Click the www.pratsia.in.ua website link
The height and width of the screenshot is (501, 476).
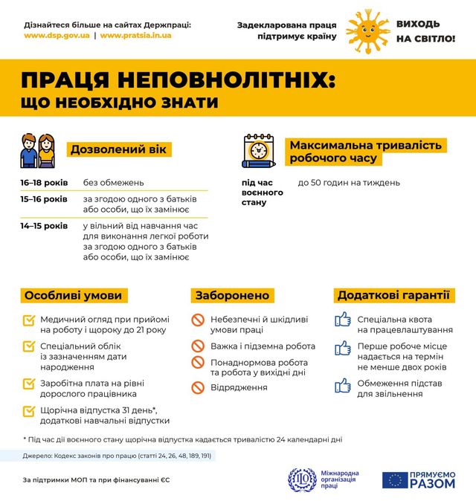(x=135, y=35)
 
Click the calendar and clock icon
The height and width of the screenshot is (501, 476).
(x=259, y=151)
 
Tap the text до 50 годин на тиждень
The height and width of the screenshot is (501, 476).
(x=349, y=182)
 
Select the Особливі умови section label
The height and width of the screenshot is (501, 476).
(x=74, y=295)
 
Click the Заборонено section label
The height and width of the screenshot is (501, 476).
(x=233, y=295)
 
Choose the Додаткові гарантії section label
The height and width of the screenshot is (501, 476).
(x=393, y=295)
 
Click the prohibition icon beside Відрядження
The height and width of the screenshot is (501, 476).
(x=198, y=387)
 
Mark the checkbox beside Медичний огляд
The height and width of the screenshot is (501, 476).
(x=29, y=320)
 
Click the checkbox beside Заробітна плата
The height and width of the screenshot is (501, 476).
(x=29, y=384)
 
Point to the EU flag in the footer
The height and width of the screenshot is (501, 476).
(x=395, y=480)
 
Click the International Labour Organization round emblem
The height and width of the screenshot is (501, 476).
(x=302, y=480)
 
